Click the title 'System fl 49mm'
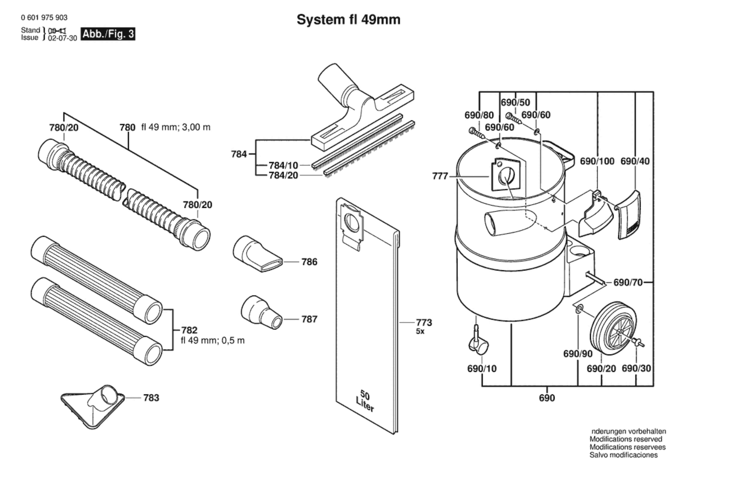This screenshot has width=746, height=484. (349, 20)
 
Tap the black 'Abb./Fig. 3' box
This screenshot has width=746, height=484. (108, 34)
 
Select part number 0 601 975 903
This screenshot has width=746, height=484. (44, 18)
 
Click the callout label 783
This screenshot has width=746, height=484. (151, 398)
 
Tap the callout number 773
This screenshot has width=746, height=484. (424, 323)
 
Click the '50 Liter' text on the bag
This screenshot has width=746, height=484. (365, 401)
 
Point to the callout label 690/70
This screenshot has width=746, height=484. (628, 283)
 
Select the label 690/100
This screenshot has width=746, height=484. (597, 161)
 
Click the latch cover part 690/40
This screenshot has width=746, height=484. (628, 214)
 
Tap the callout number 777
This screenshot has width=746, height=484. (440, 176)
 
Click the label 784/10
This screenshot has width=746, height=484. (283, 165)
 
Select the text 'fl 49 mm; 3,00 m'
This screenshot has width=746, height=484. (176, 127)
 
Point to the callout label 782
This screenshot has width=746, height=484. (189, 330)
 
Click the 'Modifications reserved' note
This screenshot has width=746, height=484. (626, 439)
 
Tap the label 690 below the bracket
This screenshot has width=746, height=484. (547, 398)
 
